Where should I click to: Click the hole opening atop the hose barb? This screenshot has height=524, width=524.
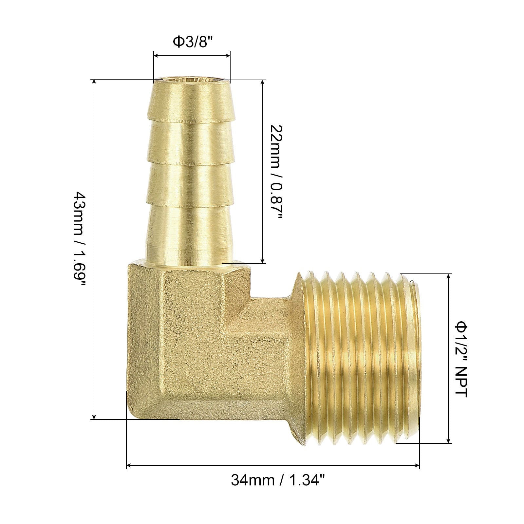192,80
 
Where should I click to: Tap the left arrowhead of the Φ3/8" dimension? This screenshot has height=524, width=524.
157,56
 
